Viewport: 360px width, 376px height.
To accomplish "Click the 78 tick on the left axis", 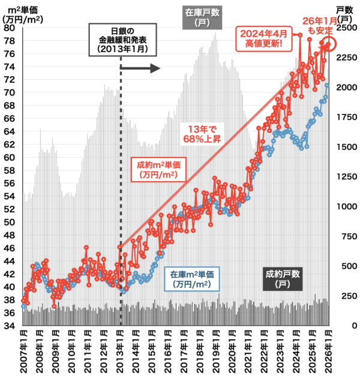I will (x=11, y=40).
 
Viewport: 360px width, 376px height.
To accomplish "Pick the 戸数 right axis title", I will (x=344, y=10).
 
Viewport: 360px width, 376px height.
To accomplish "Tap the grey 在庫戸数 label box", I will (x=201, y=16).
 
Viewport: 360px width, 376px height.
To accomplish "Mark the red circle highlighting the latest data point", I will (x=329, y=43).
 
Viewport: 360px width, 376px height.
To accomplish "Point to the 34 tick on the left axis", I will (x=11, y=326).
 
